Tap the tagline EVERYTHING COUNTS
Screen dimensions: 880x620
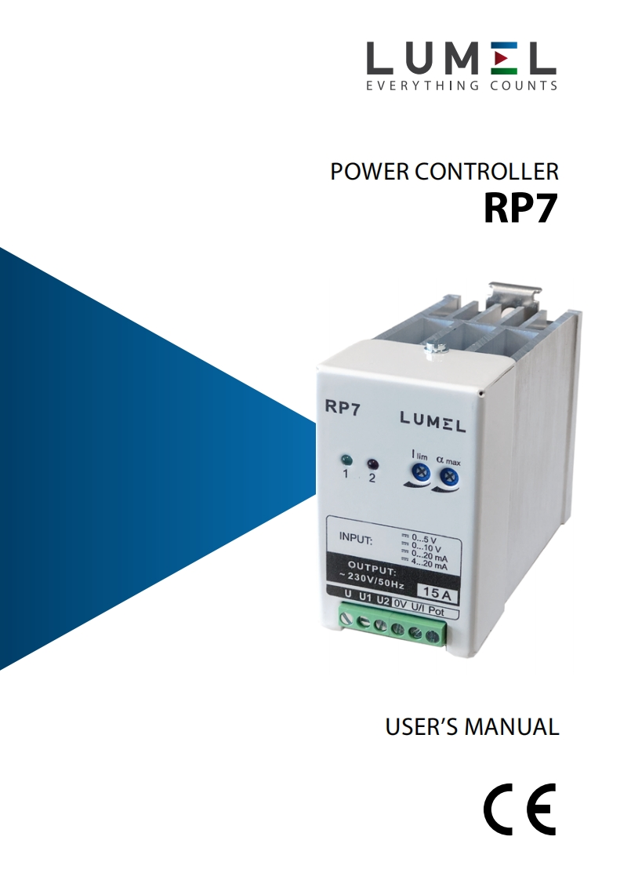[x=462, y=85]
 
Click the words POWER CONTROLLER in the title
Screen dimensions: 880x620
[x=444, y=172]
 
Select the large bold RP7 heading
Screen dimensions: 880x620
[x=520, y=208]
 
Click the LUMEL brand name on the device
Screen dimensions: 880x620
[x=433, y=424]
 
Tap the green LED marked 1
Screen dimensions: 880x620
[x=346, y=460]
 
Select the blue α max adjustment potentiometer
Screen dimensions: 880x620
[x=449, y=477]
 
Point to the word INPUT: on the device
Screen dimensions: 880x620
[x=357, y=539]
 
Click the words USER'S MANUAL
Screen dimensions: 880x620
[x=472, y=726]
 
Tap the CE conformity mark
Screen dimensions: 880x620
[x=519, y=809]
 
